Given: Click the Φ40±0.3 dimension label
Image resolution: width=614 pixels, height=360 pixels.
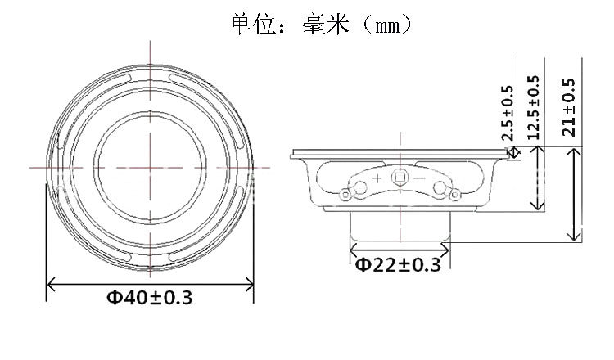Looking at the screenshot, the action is [x=150, y=298].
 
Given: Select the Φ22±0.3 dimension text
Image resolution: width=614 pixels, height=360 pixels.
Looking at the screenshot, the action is [x=398, y=265].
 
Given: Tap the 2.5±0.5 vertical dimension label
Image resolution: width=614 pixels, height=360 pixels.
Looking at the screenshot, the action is [x=508, y=113].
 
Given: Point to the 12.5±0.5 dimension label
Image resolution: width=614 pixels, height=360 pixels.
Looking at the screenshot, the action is [x=533, y=108].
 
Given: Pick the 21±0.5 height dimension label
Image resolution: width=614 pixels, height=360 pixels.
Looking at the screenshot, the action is [x=568, y=107].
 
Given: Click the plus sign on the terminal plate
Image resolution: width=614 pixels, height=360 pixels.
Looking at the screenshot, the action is [x=377, y=178].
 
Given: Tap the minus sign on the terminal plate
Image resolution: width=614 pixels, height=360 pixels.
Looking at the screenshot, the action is [x=419, y=178].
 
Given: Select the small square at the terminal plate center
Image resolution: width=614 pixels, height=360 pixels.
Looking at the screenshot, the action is [x=400, y=178].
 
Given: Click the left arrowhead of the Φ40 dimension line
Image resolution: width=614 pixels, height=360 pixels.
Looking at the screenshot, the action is [x=51, y=283].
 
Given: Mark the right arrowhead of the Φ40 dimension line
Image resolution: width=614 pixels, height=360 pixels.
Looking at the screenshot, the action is [x=250, y=283].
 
